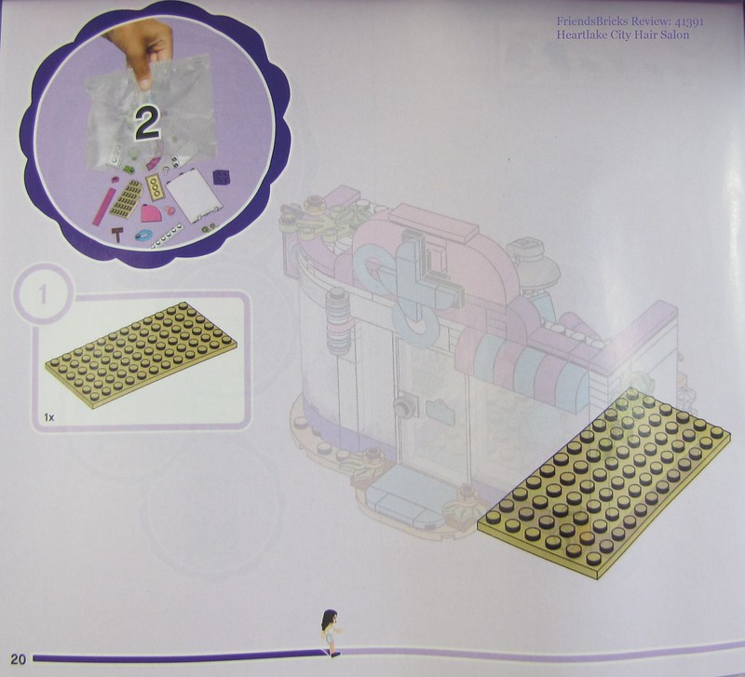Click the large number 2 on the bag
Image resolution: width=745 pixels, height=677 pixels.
pyautogui.click(x=147, y=123)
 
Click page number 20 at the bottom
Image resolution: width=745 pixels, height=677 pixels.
pyautogui.click(x=18, y=659)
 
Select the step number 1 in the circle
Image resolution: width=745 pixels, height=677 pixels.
pyautogui.click(x=43, y=294)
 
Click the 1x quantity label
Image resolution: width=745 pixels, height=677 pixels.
pyautogui.click(x=49, y=417)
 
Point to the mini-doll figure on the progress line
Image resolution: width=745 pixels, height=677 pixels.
pyautogui.click(x=332, y=632)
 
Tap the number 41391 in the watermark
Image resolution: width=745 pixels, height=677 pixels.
pyautogui.click(x=689, y=21)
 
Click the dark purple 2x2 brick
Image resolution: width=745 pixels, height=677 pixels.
pyautogui.click(x=222, y=177)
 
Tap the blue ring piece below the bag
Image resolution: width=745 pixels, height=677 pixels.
pyautogui.click(x=142, y=235)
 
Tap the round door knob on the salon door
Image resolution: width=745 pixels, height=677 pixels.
pyautogui.click(x=402, y=405)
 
